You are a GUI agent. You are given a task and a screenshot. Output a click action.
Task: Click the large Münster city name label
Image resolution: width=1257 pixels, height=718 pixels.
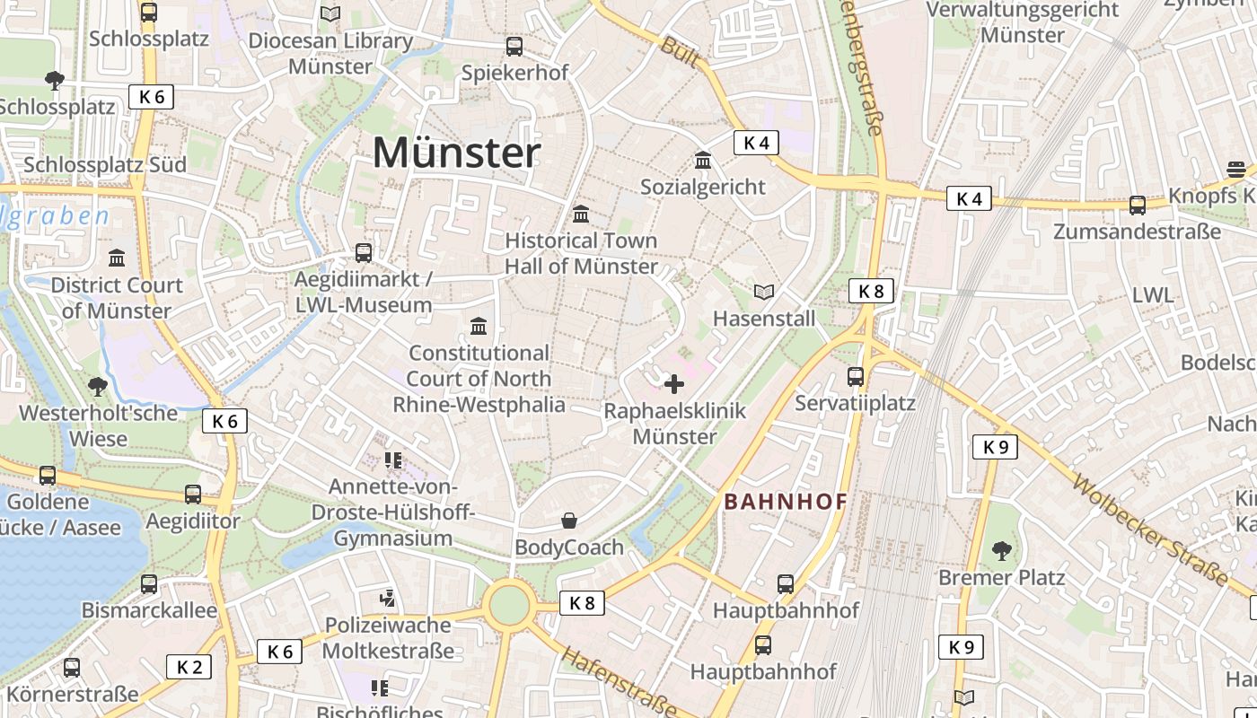[456, 153]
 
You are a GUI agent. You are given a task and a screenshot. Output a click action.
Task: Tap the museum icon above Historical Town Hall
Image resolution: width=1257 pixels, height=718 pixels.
[581, 215]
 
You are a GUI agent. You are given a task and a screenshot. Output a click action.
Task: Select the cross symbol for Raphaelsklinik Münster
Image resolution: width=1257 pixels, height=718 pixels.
[673, 385]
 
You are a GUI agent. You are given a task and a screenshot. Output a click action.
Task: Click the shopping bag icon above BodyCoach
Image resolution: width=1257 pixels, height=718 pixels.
[569, 521]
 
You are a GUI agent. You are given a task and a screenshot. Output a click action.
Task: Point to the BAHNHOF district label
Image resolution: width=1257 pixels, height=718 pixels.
[786, 502]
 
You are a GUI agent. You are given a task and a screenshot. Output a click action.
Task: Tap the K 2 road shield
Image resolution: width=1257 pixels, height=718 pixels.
[189, 667]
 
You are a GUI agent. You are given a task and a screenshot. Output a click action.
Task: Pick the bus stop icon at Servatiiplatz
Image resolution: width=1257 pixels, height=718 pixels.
[856, 377]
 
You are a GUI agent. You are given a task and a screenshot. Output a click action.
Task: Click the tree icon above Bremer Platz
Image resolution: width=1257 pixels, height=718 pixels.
[1002, 550]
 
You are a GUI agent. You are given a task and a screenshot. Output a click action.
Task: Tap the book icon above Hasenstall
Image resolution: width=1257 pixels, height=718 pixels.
[764, 293]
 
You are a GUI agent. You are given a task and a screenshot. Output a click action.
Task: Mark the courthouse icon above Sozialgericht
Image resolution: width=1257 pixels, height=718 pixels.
[703, 161]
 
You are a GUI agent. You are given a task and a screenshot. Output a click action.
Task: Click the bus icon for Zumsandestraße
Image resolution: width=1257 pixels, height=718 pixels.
[1138, 206]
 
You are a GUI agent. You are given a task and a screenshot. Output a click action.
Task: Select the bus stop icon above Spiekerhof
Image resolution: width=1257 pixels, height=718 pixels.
[514, 47]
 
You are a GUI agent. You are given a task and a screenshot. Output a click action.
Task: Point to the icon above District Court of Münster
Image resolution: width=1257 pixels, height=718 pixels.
[117, 259]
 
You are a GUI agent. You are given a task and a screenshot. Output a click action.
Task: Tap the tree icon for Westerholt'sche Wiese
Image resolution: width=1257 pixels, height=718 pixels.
[98, 387]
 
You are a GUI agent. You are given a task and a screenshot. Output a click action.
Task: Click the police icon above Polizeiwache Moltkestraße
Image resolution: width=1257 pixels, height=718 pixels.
[388, 598]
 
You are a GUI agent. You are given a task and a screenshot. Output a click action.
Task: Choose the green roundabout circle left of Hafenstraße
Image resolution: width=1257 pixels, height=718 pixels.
[510, 605]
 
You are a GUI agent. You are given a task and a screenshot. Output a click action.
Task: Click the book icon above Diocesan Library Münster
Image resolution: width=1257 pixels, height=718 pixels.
[330, 14]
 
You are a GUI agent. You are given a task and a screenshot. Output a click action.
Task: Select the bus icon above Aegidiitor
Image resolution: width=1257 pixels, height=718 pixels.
[193, 495]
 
